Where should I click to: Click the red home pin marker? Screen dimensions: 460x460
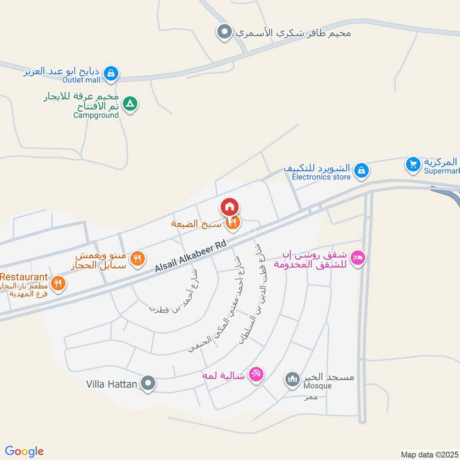click(229, 206)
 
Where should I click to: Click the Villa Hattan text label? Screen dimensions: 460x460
click(112, 384)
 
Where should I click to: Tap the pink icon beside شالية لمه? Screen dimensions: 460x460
click(256, 374)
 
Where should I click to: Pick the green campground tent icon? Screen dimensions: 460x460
click(131, 103)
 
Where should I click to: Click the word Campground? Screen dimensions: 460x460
click(95, 115)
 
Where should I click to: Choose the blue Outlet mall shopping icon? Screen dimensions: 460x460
click(113, 73)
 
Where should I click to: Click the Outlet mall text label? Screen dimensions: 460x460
click(82, 80)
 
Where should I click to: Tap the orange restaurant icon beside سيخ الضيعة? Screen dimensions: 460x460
click(233, 223)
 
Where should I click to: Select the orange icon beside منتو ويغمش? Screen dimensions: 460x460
click(136, 259)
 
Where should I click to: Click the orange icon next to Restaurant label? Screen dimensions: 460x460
click(57, 283)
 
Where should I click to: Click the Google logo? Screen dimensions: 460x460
click(24, 451)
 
